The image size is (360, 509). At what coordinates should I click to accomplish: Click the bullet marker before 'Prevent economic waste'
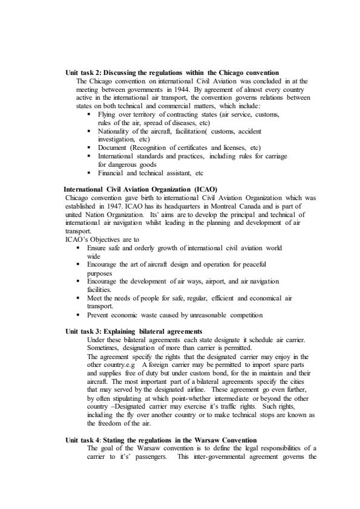click(x=79, y=315)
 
